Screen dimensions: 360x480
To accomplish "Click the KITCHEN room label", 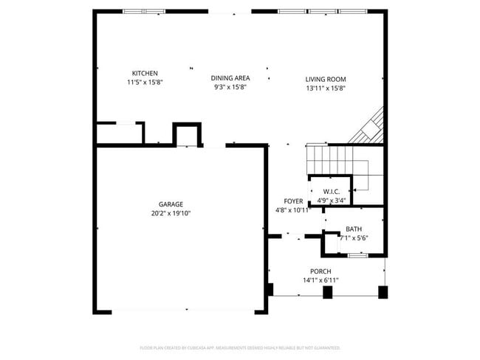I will click(144, 73).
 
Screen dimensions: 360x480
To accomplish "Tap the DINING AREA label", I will click(230, 78).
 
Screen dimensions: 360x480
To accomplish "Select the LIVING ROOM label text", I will click(326, 79).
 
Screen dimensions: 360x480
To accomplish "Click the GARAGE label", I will click(171, 204).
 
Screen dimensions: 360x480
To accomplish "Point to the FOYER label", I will click(293, 201).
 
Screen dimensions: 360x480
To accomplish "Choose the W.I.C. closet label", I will click(330, 191).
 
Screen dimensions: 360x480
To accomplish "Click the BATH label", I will click(354, 229).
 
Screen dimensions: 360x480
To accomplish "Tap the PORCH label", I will click(320, 271).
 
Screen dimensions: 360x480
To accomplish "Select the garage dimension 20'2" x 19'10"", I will click(171, 213).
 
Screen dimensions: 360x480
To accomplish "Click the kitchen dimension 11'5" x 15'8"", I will click(144, 82).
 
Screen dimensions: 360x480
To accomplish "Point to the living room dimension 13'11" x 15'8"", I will click(326, 88).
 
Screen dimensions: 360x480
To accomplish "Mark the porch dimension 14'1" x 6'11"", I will click(320, 280).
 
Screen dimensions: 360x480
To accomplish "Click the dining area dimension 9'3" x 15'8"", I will click(230, 87).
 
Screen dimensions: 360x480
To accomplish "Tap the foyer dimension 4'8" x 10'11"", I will click(293, 210).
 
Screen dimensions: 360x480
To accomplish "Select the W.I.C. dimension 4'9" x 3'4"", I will click(330, 199).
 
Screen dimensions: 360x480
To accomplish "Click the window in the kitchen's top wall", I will click(144, 12).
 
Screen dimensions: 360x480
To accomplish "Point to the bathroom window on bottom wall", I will click(357, 255).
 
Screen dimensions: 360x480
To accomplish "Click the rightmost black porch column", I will click(383, 292).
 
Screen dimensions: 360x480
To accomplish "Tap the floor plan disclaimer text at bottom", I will click(240, 347).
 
